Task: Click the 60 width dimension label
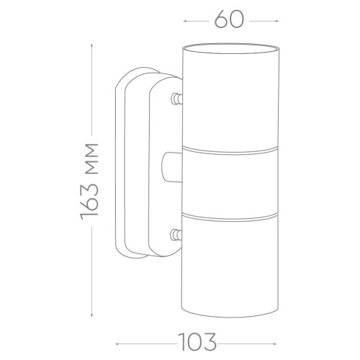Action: click(229, 19)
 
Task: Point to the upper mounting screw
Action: click(176, 99)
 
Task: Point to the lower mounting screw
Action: click(176, 235)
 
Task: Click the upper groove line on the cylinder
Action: click(230, 150)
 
